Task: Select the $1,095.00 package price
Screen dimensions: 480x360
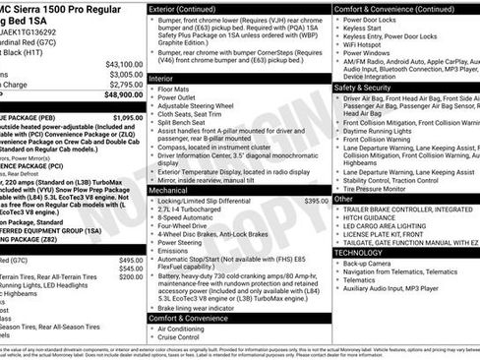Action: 127,118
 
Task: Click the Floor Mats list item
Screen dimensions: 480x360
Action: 178,89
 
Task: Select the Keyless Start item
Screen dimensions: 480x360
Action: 368,30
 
